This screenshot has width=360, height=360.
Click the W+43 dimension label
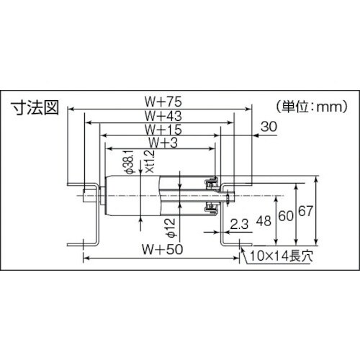pyautogui.click(x=162, y=115)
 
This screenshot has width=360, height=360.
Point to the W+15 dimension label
pyautogui.click(x=162, y=129)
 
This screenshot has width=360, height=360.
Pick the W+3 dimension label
pyautogui.click(x=162, y=143)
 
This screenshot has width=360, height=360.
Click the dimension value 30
pyautogui.click(x=268, y=127)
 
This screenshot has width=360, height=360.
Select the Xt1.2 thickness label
pyautogui.click(x=150, y=165)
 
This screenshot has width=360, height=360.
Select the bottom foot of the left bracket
pyautogui.click(x=78, y=243)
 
